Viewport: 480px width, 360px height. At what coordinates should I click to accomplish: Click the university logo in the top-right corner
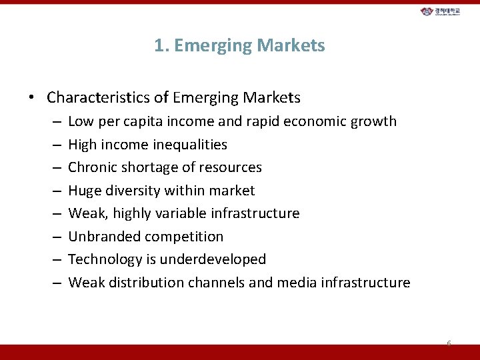(x=445, y=11)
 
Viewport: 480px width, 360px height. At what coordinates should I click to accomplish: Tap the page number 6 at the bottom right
(x=449, y=344)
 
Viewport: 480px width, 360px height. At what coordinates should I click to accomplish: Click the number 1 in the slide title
(x=159, y=45)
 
